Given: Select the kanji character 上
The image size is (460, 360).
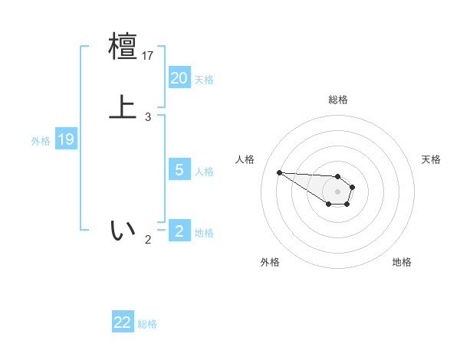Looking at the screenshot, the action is pos(123,106).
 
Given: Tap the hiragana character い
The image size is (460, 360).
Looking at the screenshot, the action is pos(123,230).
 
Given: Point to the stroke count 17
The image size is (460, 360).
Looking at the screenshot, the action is pos(149,56).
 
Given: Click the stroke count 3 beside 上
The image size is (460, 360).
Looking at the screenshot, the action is pos(148,117).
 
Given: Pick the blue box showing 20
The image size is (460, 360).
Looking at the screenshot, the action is pos(179,77).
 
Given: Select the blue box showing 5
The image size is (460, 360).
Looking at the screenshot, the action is pos(179,169).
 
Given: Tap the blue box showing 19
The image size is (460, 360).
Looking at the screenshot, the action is pos(65,139).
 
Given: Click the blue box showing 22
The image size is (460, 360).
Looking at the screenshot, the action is pos(123,322).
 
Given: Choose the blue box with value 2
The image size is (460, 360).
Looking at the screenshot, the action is pos(179,231).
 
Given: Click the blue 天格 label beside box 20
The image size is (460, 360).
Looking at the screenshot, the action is pos(204,80).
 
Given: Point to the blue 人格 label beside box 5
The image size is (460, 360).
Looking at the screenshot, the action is pos(204,172).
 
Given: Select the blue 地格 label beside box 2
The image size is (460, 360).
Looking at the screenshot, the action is pos(204,233).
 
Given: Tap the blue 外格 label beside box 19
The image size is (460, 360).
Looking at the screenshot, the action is pos(41,141).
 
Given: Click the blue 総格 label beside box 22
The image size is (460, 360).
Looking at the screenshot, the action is pos(147,324).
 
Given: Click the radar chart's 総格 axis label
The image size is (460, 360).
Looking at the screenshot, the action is pos(338,100).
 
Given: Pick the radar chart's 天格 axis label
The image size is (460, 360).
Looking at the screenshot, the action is pos(432,159).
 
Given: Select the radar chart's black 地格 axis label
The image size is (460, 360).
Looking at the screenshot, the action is pos(402,262).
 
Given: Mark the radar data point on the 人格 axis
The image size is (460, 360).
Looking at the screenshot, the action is pos(279,172).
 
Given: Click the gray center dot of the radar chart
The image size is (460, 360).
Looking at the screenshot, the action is pos(338,191).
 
